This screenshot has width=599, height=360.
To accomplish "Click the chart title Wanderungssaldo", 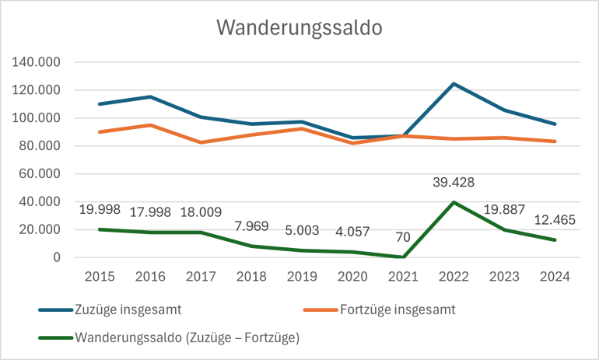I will click(299, 28).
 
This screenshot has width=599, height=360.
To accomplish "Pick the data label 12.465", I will click(555, 221).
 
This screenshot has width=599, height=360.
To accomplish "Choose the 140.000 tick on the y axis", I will click(40, 62).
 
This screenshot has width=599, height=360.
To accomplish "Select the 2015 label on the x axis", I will click(100, 278).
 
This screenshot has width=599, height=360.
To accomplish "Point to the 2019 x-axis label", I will click(302, 278).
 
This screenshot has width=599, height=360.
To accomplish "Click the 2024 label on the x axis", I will click(555, 278).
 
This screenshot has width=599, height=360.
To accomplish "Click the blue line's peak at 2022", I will click(454, 83).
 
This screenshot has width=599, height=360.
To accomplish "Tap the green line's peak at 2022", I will click(454, 202).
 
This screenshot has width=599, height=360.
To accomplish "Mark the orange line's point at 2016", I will click(150, 125).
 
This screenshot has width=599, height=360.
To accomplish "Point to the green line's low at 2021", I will click(403, 257).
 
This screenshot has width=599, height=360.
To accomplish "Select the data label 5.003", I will click(302, 232).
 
